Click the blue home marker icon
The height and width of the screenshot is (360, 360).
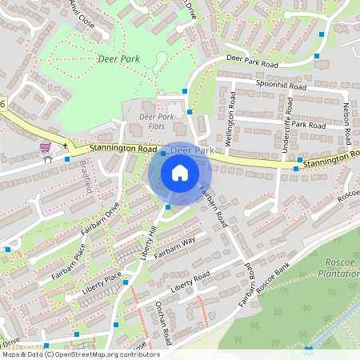[180, 173]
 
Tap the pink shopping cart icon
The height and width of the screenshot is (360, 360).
[46, 147]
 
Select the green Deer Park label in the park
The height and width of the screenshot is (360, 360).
[118, 59]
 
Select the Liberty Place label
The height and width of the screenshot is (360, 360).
[102, 286]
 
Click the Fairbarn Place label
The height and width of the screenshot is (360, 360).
[63, 258]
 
